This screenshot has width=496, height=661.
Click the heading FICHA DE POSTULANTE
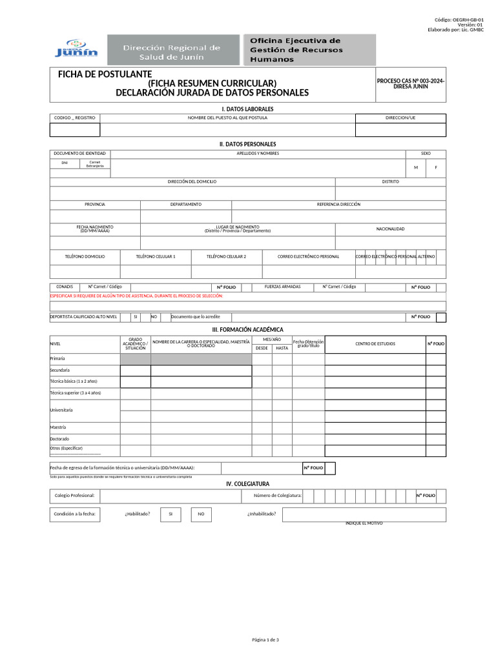tap(105, 74)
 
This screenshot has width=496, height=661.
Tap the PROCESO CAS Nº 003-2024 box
tap(411, 83)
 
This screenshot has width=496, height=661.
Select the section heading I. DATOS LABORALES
tap(247, 109)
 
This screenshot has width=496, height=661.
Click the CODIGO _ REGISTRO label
tap(75, 118)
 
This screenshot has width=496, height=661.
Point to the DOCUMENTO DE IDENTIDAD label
tap(75, 154)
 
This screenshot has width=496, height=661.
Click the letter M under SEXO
tap(416, 168)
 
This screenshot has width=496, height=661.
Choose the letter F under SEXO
tap(436, 168)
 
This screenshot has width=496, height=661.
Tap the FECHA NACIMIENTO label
tap(95, 229)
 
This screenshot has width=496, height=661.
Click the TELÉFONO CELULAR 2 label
tap(226, 256)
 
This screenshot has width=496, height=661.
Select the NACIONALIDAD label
tap(390, 229)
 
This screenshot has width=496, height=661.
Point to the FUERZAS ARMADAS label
tap(283, 287)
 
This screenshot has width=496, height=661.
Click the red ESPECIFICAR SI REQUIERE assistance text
tap(136, 296)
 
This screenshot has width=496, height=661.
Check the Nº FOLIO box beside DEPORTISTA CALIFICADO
tap(440, 317)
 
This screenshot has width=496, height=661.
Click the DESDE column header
tap(262, 348)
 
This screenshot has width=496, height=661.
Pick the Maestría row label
tap(58, 427)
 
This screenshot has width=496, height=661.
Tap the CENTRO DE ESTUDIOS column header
tap(375, 344)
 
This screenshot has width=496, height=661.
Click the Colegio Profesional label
tap(75, 496)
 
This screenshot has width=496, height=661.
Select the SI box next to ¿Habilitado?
tap(170, 514)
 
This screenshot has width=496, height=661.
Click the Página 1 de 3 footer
tap(265, 640)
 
